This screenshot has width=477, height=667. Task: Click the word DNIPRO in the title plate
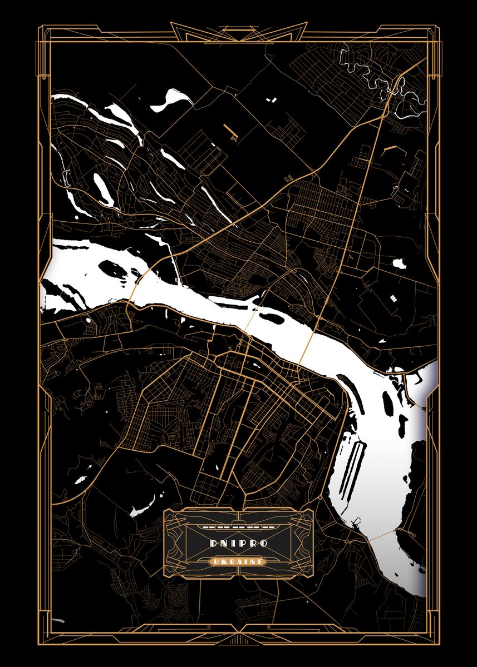pos(238,542)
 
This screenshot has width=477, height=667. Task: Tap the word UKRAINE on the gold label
pos(238,562)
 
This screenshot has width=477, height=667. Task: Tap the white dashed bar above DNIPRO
pos(238,525)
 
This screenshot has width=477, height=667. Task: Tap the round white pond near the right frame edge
pos(399,263)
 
